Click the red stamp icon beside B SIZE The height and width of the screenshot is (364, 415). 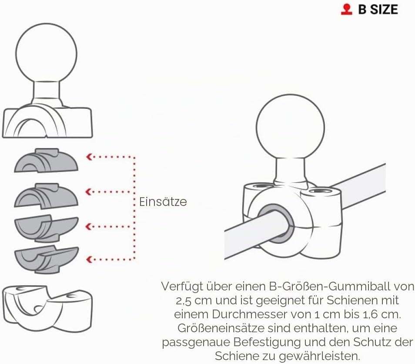point(346,9)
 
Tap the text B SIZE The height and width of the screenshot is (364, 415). point(378,10)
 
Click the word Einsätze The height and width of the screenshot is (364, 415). point(163,202)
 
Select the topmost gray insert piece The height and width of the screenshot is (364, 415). point(46,160)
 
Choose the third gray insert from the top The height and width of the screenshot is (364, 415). point(46,228)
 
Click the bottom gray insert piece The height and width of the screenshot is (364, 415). point(46,260)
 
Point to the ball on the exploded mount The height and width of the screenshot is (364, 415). point(46,54)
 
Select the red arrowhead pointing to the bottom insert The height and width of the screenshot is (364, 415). point(89,260)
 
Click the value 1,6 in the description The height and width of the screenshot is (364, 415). point(370,315)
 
